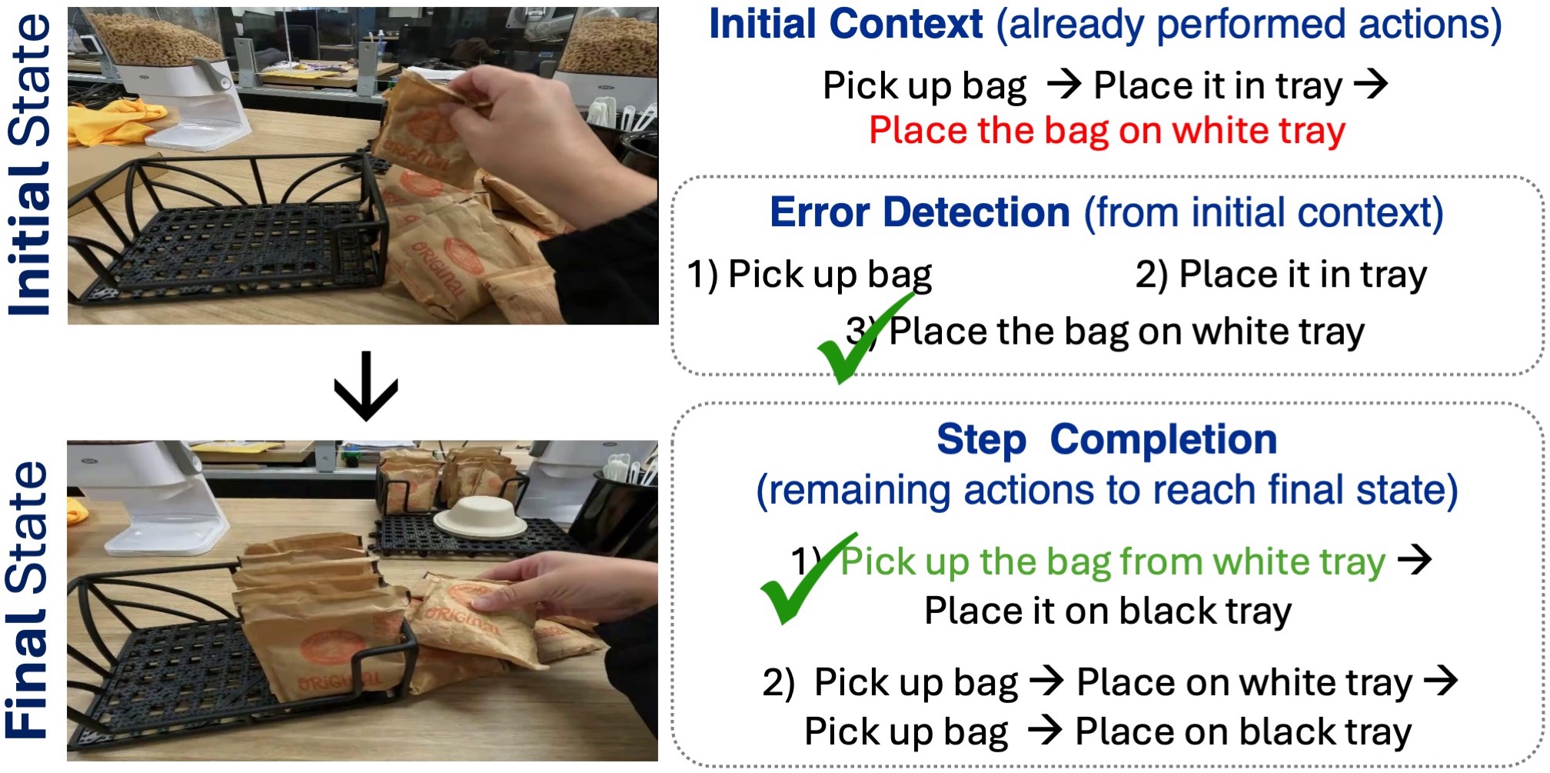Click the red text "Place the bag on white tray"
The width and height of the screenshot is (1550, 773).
point(1107,131)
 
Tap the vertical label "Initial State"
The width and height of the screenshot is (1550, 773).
point(29,165)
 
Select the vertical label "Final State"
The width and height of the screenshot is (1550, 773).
point(28,600)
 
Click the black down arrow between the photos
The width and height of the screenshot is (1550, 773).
point(366,386)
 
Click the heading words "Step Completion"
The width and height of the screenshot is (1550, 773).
point(1107,440)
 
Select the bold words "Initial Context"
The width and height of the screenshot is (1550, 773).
point(846,24)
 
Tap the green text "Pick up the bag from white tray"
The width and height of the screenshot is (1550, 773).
point(1113,561)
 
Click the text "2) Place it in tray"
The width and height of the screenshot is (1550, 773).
point(1281,275)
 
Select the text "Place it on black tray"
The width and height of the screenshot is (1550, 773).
point(1108,611)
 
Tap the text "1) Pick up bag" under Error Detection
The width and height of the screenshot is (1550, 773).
point(810,275)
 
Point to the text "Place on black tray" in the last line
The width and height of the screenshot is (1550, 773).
point(1243,731)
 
